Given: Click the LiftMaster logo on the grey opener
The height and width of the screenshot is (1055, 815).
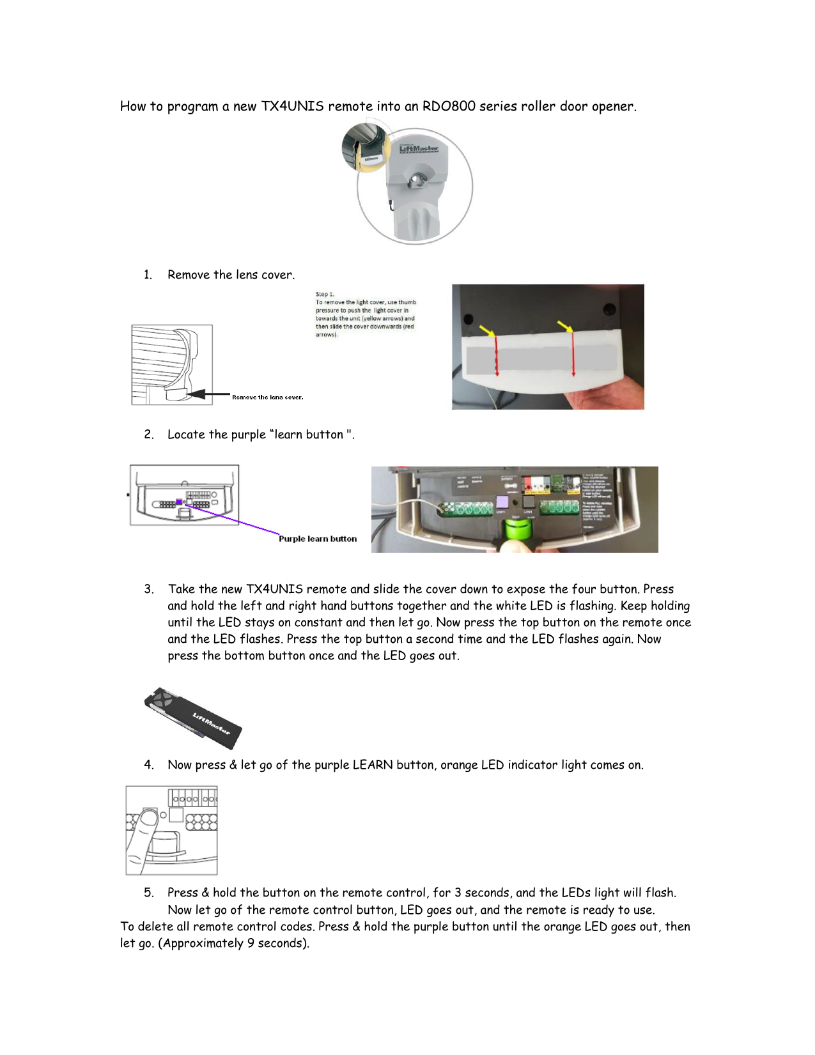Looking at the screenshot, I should pyautogui.click(x=419, y=149).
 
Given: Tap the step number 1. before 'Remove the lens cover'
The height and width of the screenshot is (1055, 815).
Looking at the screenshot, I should pyautogui.click(x=148, y=275).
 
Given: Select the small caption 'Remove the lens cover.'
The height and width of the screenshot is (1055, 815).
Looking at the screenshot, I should pyautogui.click(x=267, y=397).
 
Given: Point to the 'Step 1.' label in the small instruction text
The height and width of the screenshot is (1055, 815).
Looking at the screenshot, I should pyautogui.click(x=325, y=295).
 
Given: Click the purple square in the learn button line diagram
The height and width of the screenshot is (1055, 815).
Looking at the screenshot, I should pyautogui.click(x=179, y=502).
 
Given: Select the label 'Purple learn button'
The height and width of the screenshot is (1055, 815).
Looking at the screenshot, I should pyautogui.click(x=318, y=539).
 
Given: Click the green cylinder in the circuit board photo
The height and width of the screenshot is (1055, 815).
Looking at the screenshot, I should pyautogui.click(x=515, y=530).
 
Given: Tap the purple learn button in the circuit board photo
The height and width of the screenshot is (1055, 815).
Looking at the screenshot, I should pyautogui.click(x=502, y=502).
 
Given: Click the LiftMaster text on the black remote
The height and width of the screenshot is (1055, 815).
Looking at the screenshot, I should pyautogui.click(x=211, y=725).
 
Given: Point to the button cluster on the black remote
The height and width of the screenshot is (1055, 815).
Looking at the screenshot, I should pyautogui.click(x=162, y=699).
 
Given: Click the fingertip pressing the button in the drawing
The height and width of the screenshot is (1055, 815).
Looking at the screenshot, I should pyautogui.click(x=148, y=818).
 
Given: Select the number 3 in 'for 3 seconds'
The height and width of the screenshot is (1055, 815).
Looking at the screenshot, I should pyautogui.click(x=458, y=893).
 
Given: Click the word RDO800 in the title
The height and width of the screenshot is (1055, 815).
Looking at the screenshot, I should pyautogui.click(x=449, y=106).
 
